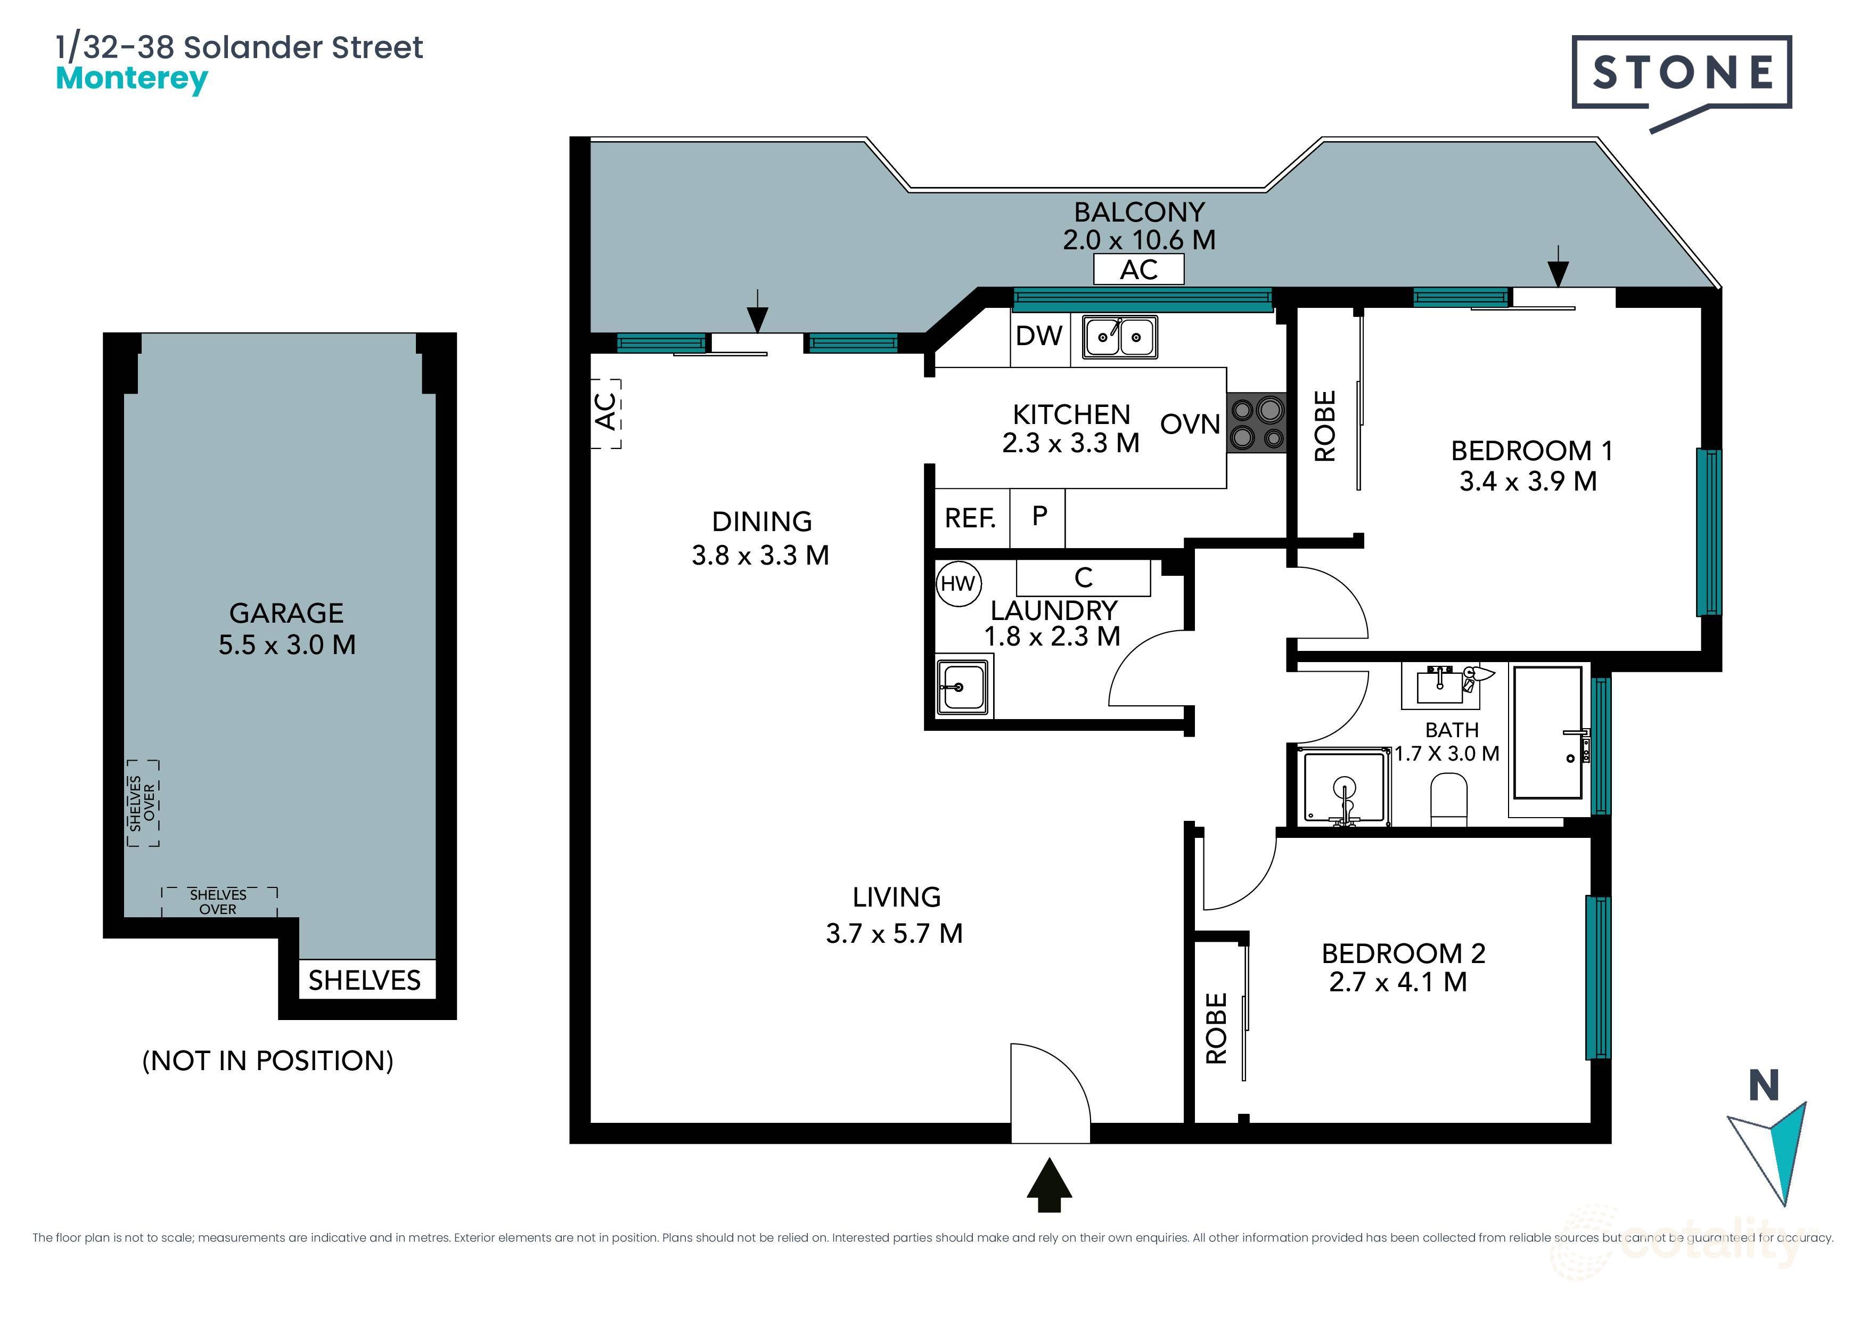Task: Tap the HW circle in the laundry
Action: pyautogui.click(x=958, y=584)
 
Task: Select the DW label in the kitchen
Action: pyautogui.click(x=1039, y=336)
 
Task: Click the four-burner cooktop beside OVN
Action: pyautogui.click(x=1256, y=423)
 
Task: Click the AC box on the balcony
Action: pyautogui.click(x=1138, y=270)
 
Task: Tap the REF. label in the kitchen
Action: pyautogui.click(x=970, y=518)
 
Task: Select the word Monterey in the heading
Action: pyautogui.click(x=132, y=79)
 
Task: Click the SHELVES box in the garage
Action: pyautogui.click(x=364, y=980)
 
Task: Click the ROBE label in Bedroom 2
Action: pyautogui.click(x=1216, y=1028)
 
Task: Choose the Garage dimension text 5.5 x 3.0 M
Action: pyautogui.click(x=286, y=645)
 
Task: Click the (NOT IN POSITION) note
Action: pyautogui.click(x=268, y=1061)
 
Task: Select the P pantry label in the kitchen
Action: pyautogui.click(x=1039, y=516)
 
